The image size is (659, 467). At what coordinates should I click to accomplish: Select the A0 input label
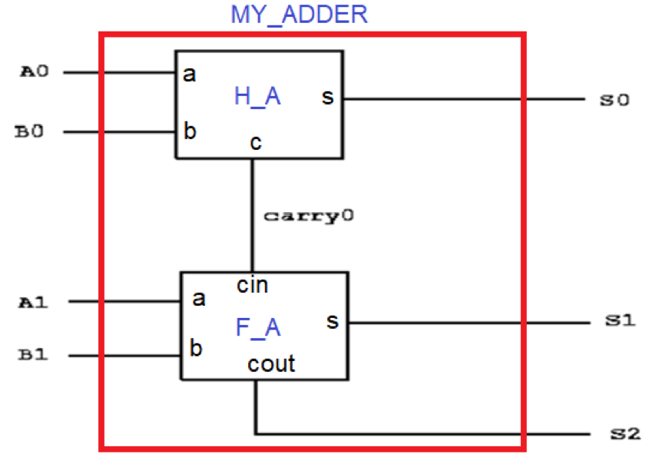[34, 72]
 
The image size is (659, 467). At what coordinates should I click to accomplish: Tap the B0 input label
[30, 132]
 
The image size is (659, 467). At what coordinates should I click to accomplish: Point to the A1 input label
[34, 302]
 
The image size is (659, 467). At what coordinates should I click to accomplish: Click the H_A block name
[257, 96]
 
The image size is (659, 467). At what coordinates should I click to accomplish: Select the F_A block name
[258, 328]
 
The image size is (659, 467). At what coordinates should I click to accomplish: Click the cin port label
[253, 286]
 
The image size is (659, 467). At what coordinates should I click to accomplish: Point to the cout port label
[271, 363]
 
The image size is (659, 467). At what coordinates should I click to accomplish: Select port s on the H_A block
[328, 98]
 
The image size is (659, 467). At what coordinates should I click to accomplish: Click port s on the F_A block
[333, 321]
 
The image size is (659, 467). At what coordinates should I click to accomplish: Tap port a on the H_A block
[189, 75]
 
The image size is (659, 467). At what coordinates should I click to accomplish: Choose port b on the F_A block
[196, 349]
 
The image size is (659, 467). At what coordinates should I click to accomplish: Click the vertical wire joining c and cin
[253, 230]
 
